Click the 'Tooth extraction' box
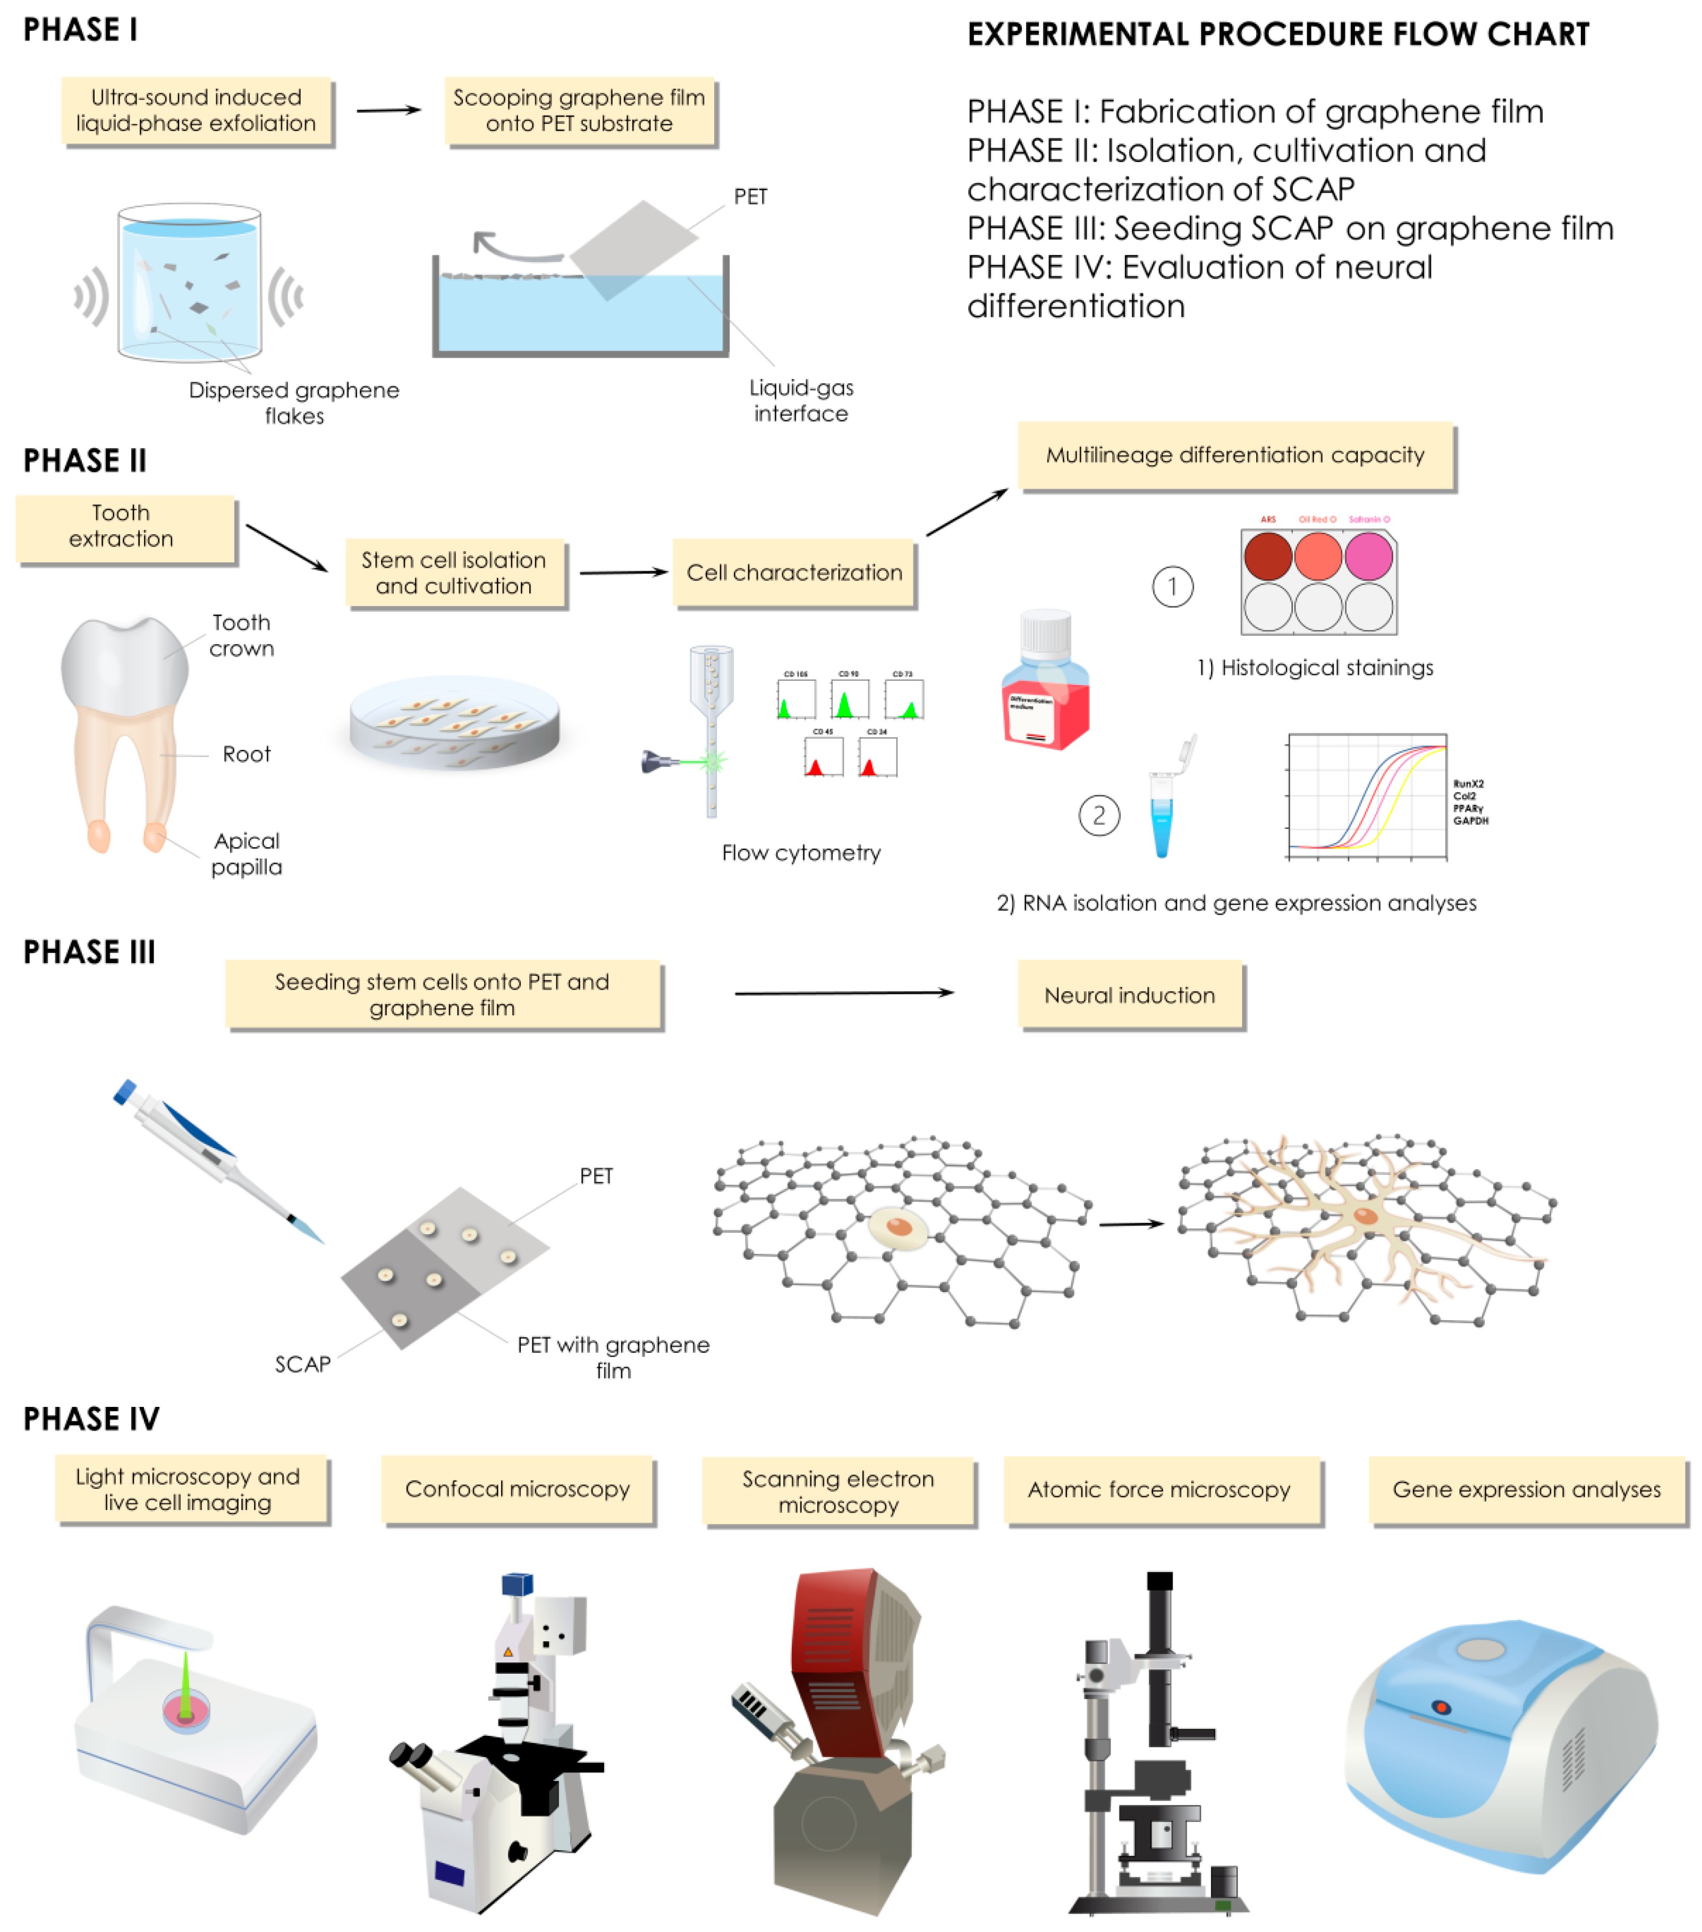point(125,527)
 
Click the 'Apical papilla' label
point(245,854)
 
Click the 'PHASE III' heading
point(89,952)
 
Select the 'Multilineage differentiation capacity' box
point(1234,455)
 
